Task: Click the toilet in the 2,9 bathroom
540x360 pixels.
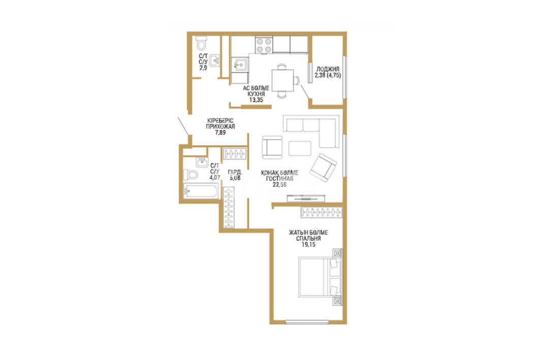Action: point(202,43)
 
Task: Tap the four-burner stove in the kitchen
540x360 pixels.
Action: point(264,45)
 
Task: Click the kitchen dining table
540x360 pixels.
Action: point(283,81)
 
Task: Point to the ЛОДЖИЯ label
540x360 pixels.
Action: point(328,69)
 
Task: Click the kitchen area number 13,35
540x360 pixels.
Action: point(256,100)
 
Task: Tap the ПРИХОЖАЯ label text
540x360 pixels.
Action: point(220,126)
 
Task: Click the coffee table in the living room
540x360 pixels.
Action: point(300,148)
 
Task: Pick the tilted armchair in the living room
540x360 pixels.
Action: point(323,168)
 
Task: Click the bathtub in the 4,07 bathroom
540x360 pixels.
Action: point(201,191)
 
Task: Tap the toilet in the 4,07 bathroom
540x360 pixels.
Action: point(190,175)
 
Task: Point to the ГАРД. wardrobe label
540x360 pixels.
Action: point(235,172)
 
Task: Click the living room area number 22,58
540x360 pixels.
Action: point(279,184)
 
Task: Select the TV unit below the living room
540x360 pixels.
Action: point(306,198)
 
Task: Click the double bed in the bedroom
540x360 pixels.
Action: point(320,277)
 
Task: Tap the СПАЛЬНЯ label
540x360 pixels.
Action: point(308,238)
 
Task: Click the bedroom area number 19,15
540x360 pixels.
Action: point(308,244)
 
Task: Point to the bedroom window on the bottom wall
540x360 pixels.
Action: point(307,322)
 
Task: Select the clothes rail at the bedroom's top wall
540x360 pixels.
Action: point(322,212)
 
